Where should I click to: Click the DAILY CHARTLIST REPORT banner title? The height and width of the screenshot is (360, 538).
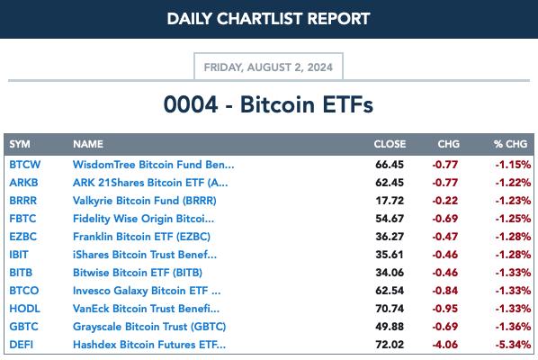[269, 19]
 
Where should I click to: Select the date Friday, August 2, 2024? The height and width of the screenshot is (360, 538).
[268, 67]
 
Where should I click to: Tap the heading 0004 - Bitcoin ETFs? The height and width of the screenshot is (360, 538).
[268, 104]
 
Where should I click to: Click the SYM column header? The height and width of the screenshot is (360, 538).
[20, 144]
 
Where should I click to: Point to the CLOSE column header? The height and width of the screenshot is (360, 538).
[390, 144]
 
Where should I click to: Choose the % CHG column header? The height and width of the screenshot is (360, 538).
[510, 144]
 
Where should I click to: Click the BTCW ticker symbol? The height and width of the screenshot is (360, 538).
[24, 165]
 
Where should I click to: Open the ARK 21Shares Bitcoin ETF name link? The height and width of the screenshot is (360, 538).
[150, 183]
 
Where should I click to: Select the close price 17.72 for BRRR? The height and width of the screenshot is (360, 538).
[390, 201]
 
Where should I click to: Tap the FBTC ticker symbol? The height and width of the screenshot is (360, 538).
[22, 219]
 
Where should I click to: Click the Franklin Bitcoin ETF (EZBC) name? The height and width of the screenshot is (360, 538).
[141, 237]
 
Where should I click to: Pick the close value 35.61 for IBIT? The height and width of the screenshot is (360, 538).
[390, 255]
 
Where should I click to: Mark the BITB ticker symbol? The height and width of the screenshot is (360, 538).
[21, 273]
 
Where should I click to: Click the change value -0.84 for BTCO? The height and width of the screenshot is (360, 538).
[445, 291]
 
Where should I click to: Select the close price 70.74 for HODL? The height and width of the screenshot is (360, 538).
[390, 309]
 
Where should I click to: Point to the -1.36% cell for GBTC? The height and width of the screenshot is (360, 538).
[513, 327]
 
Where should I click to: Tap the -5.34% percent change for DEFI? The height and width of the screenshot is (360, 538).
[513, 345]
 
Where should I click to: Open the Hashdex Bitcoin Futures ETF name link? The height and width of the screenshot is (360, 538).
[149, 345]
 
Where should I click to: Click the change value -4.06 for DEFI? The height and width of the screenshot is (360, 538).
[445, 345]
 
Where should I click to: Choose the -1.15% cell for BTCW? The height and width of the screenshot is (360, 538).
[513, 165]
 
